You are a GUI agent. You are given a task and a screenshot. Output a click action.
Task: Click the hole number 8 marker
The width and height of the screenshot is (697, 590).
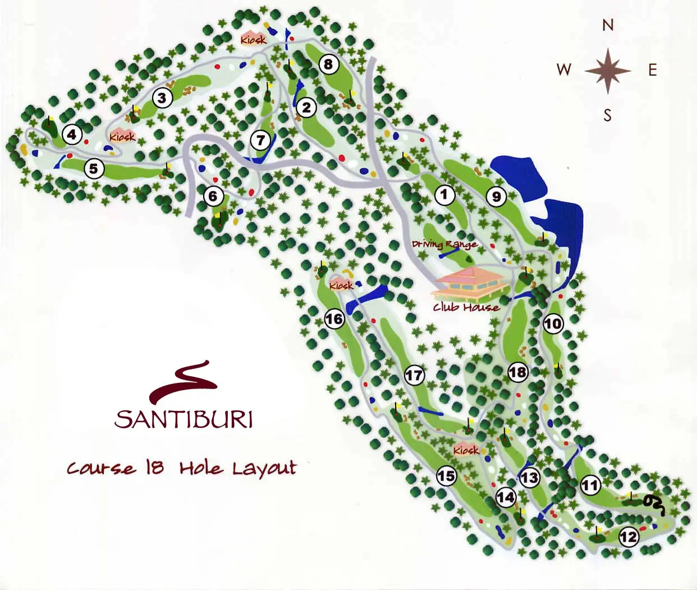pyautogui.click(x=328, y=64)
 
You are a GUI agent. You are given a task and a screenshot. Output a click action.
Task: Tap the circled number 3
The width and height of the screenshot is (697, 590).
pyautogui.click(x=162, y=98)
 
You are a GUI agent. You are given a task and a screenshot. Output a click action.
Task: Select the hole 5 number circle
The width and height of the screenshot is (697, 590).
pyautogui.click(x=94, y=168)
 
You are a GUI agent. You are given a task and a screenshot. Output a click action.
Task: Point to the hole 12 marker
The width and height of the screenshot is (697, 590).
pyautogui.click(x=629, y=537)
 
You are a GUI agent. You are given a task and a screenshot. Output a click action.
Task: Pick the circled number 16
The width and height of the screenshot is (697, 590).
pyautogui.click(x=334, y=319)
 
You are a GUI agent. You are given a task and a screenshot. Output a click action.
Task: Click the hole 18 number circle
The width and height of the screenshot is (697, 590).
pyautogui.click(x=517, y=372)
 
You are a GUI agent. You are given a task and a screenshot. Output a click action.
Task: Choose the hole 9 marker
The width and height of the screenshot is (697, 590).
pyautogui.click(x=496, y=196)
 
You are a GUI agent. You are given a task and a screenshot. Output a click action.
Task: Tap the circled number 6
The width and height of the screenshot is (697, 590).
pyautogui.click(x=213, y=196)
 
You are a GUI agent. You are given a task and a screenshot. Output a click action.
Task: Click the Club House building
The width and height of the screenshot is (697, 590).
pyautogui.click(x=470, y=283)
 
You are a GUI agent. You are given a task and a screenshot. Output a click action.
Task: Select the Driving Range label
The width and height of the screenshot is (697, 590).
pyautogui.click(x=444, y=244)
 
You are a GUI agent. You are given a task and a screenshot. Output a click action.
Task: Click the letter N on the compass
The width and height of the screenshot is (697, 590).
pyautogui.click(x=608, y=25)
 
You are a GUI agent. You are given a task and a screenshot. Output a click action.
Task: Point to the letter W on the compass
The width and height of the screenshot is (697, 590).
pyautogui.click(x=564, y=70)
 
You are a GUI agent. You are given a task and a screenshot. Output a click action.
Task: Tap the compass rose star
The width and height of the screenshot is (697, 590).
pyautogui.click(x=608, y=71)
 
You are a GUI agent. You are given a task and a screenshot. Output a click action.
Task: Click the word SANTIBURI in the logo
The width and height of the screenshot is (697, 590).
pyautogui.click(x=184, y=419)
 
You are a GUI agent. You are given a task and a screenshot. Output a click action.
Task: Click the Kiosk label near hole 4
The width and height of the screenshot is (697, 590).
pyautogui.click(x=122, y=137)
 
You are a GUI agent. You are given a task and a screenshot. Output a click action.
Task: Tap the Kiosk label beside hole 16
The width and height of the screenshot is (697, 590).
pyautogui.click(x=341, y=286)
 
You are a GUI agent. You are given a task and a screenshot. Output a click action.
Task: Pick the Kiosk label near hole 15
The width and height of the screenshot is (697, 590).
pyautogui.click(x=466, y=450)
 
